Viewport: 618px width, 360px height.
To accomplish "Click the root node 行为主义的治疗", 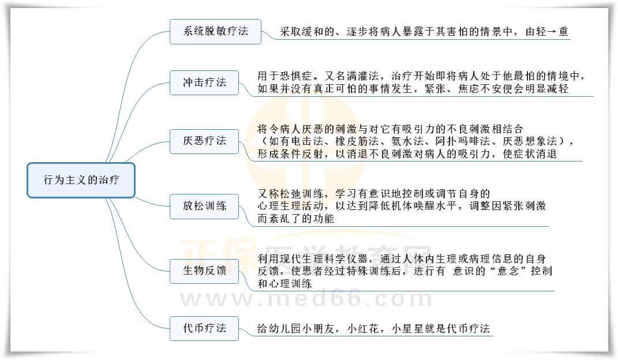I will pos(81,180).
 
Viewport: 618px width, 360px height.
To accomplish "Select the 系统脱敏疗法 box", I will pos(215,31).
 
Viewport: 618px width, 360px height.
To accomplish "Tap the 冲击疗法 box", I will pos(204,82).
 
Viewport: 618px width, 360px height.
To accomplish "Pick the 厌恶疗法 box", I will pos(204,141).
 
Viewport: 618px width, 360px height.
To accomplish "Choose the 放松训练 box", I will pos(204,206).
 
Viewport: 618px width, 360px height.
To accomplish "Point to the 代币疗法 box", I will pos(204,329).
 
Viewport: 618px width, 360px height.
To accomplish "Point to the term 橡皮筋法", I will pos(351,141).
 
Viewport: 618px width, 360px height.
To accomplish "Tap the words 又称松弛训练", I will pos(289,193).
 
